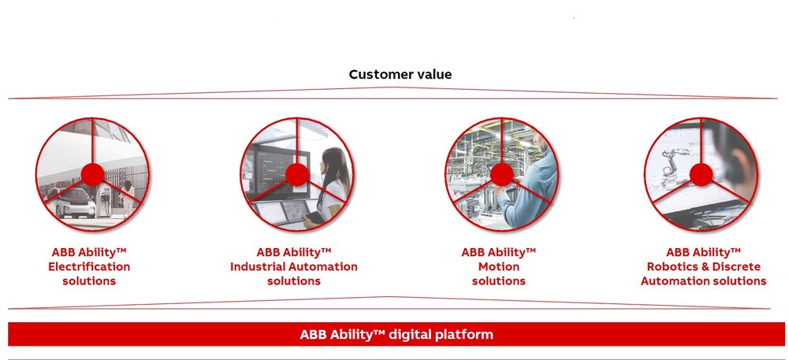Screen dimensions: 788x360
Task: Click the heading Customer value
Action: pos(400,75)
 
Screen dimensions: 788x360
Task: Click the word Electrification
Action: pos(89,266)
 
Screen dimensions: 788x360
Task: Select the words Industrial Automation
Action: pos(294,266)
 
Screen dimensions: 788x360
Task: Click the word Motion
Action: pos(499,266)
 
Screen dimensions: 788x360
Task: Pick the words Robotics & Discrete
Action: pos(704,266)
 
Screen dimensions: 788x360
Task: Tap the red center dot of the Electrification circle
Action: pos(92,175)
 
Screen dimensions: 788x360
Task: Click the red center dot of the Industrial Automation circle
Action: pos(297,175)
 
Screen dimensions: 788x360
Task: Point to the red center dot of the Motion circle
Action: pos(501,175)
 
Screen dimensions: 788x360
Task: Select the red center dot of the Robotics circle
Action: pos(701,175)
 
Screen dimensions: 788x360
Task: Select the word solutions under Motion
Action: pos(499,281)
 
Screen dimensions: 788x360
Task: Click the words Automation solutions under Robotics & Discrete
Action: pos(704,281)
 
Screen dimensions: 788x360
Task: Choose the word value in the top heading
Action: pos(433,75)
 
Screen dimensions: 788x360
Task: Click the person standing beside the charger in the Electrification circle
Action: pos(128,199)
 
